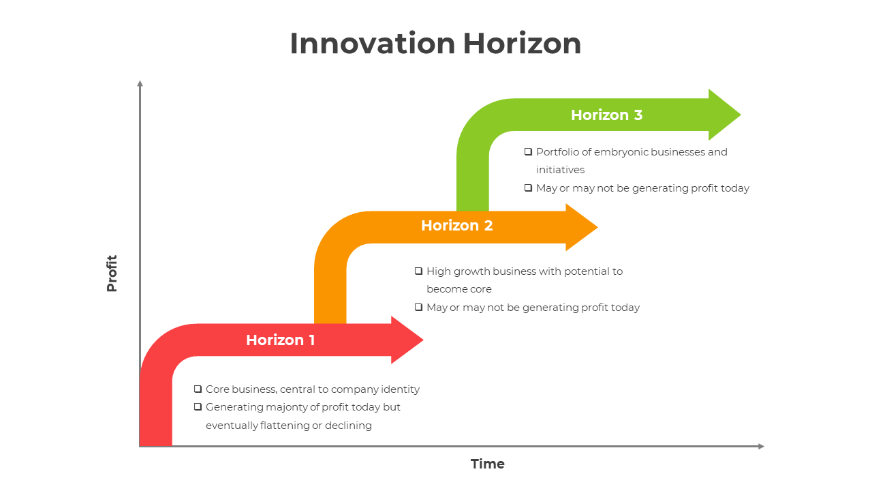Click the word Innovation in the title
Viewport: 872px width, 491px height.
point(373,44)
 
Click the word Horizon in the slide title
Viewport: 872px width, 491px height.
point(522,44)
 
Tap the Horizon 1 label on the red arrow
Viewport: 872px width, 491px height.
point(281,340)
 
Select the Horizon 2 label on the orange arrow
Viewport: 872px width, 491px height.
point(456,225)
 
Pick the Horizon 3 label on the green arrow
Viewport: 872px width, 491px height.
point(606,115)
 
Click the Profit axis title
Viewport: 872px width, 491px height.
point(112,273)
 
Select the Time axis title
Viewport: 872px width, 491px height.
point(488,464)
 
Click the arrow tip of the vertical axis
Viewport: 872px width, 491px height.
point(140,83)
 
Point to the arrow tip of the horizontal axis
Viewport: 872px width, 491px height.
point(761,447)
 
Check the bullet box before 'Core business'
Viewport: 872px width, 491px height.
point(198,389)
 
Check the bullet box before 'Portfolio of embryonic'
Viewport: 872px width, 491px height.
point(528,151)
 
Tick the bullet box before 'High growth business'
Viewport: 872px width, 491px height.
point(418,271)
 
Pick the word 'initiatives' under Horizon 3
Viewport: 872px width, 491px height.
point(560,170)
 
